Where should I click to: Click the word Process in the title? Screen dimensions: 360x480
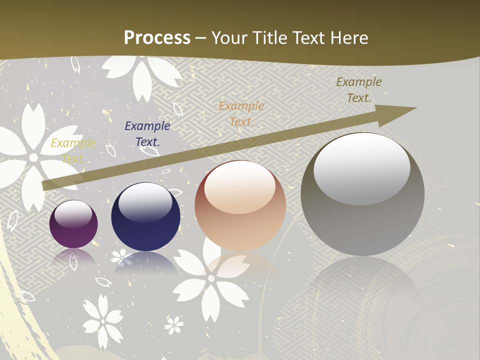pos(157,37)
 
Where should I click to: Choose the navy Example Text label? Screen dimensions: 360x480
pos(147,134)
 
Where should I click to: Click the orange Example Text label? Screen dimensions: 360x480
pos(241,113)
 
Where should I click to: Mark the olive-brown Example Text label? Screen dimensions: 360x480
pos(358,90)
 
